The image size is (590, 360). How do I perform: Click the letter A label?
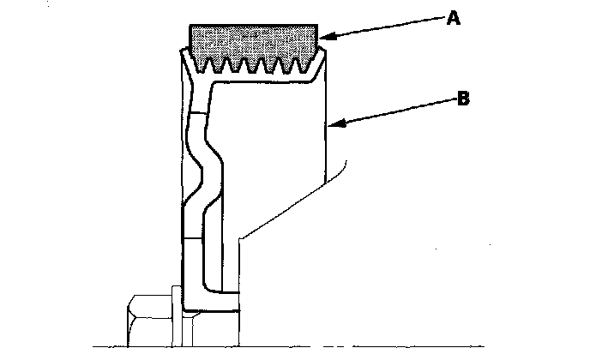[x=453, y=19]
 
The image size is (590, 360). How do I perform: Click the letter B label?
[x=462, y=99]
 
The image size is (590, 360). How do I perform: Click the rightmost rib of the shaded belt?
[x=308, y=65]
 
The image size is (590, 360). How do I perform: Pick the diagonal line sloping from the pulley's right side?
[x=283, y=211]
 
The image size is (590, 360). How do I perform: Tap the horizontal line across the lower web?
[x=194, y=235]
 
